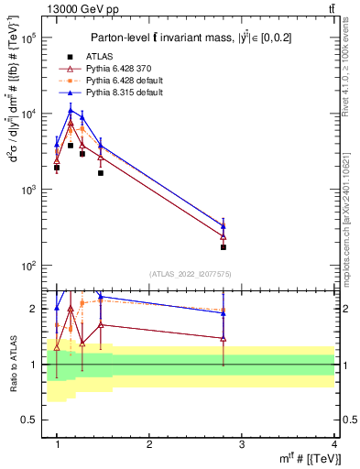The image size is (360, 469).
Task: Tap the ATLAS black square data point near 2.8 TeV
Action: [223, 247]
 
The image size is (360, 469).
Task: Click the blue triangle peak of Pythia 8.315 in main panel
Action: [70, 111]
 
